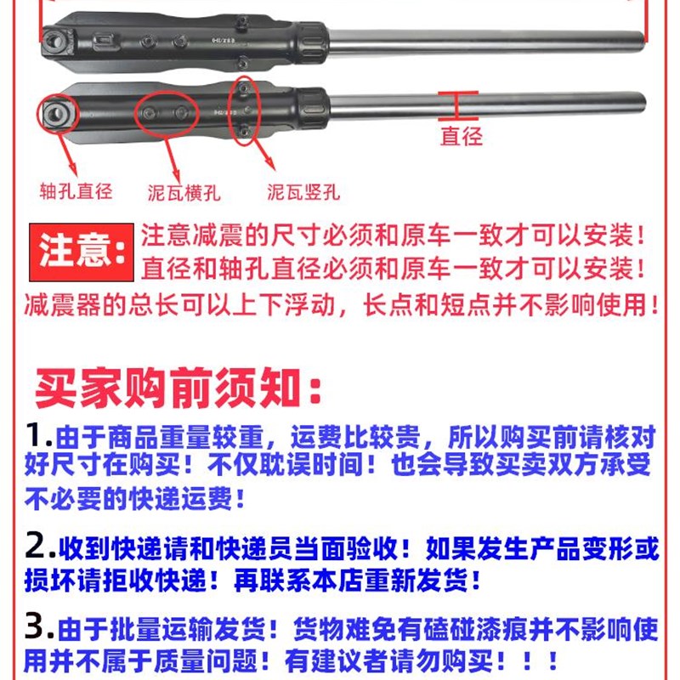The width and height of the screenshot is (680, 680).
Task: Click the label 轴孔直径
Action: click(x=76, y=192)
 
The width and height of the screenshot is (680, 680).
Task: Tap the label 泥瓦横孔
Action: click(x=184, y=193)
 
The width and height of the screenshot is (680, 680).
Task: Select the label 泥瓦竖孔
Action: click(x=304, y=192)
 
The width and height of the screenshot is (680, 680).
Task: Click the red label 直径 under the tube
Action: click(x=461, y=136)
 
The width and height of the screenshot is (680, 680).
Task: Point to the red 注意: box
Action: click(x=82, y=252)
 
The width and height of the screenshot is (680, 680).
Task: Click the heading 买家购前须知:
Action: click(x=178, y=388)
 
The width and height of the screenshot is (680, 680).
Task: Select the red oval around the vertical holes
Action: click(x=245, y=110)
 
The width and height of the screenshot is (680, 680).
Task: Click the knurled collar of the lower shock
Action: click(x=313, y=106)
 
